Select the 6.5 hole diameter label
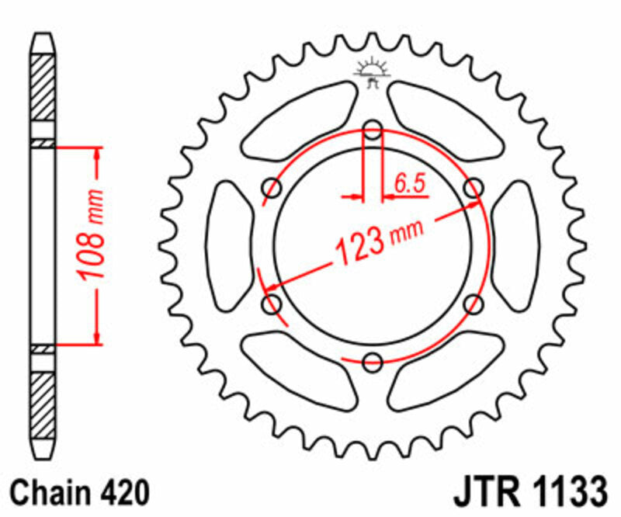click(x=409, y=184)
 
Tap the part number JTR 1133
click(x=527, y=492)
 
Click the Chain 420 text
click(x=81, y=492)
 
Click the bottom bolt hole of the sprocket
click(x=373, y=360)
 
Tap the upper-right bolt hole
click(x=473, y=187)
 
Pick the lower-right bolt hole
click(x=473, y=304)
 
